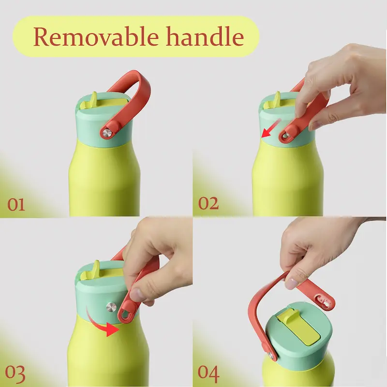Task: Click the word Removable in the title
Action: click(96, 37)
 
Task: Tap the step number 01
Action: click(16, 204)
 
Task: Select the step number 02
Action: click(208, 203)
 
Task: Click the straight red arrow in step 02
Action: click(270, 128)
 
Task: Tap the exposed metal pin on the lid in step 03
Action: click(111, 307)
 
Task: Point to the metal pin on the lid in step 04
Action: click(271, 356)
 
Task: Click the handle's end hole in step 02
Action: click(286, 135)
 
